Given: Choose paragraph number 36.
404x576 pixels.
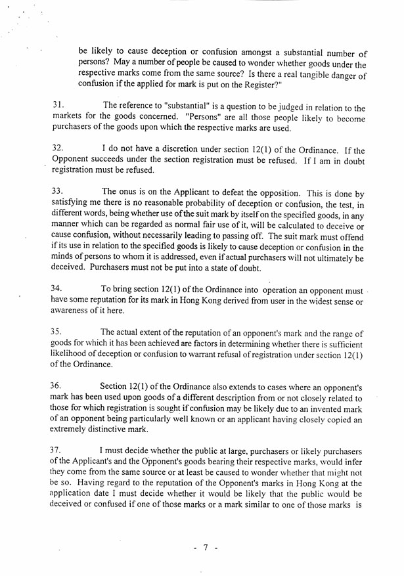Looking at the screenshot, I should click(57, 386).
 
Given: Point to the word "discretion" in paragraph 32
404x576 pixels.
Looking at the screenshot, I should click(179, 150).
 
